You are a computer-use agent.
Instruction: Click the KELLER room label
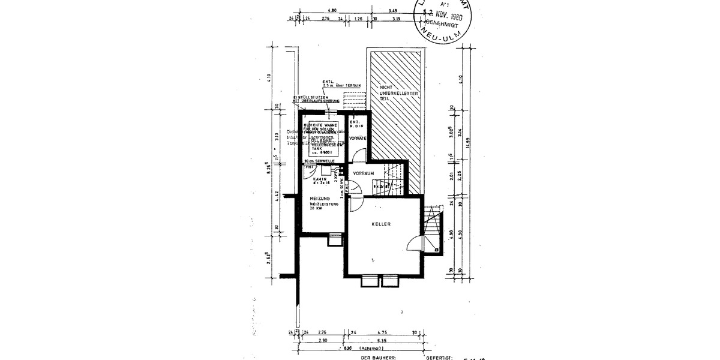tap(381, 224)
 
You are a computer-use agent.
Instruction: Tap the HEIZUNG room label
tap(320, 199)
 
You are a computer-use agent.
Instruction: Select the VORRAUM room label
tap(364, 173)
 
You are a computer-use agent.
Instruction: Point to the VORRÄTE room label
tap(358, 139)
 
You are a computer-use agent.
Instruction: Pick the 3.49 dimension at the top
tap(394, 10)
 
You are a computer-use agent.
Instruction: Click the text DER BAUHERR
tap(379, 357)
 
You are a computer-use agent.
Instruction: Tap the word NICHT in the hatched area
tap(385, 88)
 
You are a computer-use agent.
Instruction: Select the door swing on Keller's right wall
tap(415, 242)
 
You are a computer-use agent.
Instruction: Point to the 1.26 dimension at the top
tap(359, 19)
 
